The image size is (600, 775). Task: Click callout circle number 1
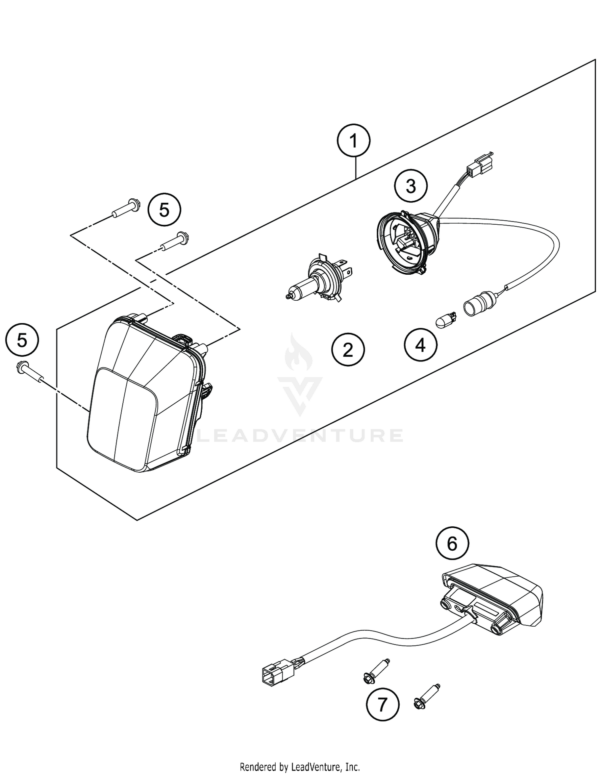coord(353,141)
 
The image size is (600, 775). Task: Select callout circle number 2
coord(348,350)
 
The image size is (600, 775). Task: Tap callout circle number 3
coord(411,186)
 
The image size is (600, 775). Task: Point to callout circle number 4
coord(420,345)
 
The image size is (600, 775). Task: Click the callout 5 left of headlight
coord(22,340)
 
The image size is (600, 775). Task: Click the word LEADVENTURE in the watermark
coord(300,436)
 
